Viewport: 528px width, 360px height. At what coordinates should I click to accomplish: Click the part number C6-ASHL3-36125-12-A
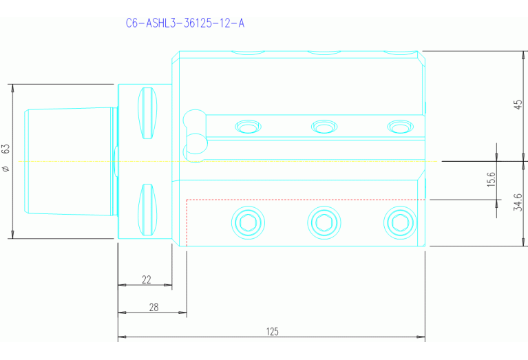point(184,23)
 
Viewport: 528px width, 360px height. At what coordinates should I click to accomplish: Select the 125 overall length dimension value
point(272,332)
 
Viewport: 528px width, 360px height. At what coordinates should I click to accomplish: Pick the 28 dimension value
point(154,307)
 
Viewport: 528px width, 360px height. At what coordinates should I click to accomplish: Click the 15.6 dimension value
point(491,180)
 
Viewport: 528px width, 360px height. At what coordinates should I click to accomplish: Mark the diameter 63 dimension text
point(6,158)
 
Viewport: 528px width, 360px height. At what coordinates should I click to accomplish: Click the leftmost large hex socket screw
point(248,222)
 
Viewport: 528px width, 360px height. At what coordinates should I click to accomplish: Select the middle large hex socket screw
point(323,222)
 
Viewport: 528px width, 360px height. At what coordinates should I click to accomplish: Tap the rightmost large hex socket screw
point(398,222)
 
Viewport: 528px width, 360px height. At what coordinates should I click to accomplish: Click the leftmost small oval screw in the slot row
point(249,127)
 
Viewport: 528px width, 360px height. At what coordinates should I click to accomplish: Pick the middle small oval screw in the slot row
point(324,127)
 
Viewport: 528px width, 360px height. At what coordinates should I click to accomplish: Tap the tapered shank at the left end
point(69,161)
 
